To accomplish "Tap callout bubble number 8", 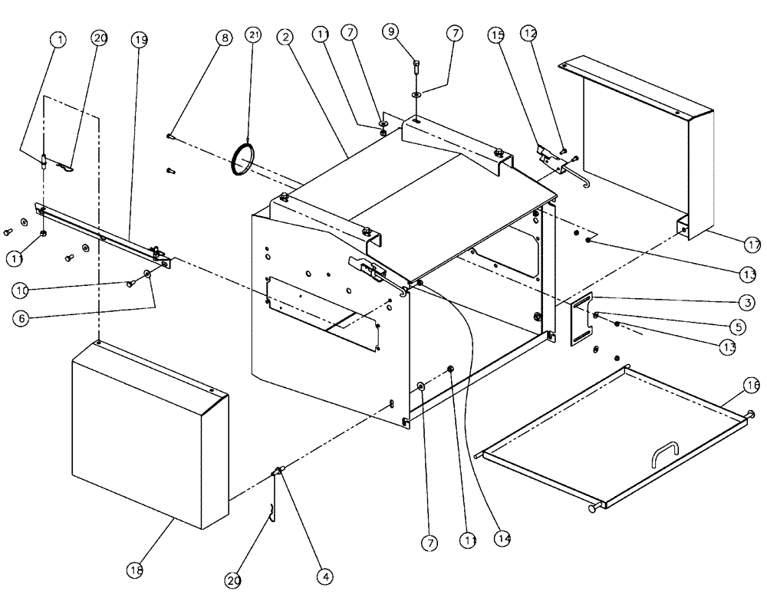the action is (x=223, y=37).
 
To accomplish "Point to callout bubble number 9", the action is (x=392, y=31).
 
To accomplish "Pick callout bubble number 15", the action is (x=496, y=36).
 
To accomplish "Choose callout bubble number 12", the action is (x=529, y=33).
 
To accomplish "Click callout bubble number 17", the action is (x=752, y=245).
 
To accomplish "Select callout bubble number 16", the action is (x=752, y=386).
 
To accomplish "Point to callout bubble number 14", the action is (x=502, y=537).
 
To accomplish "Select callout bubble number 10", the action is (x=21, y=290).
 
